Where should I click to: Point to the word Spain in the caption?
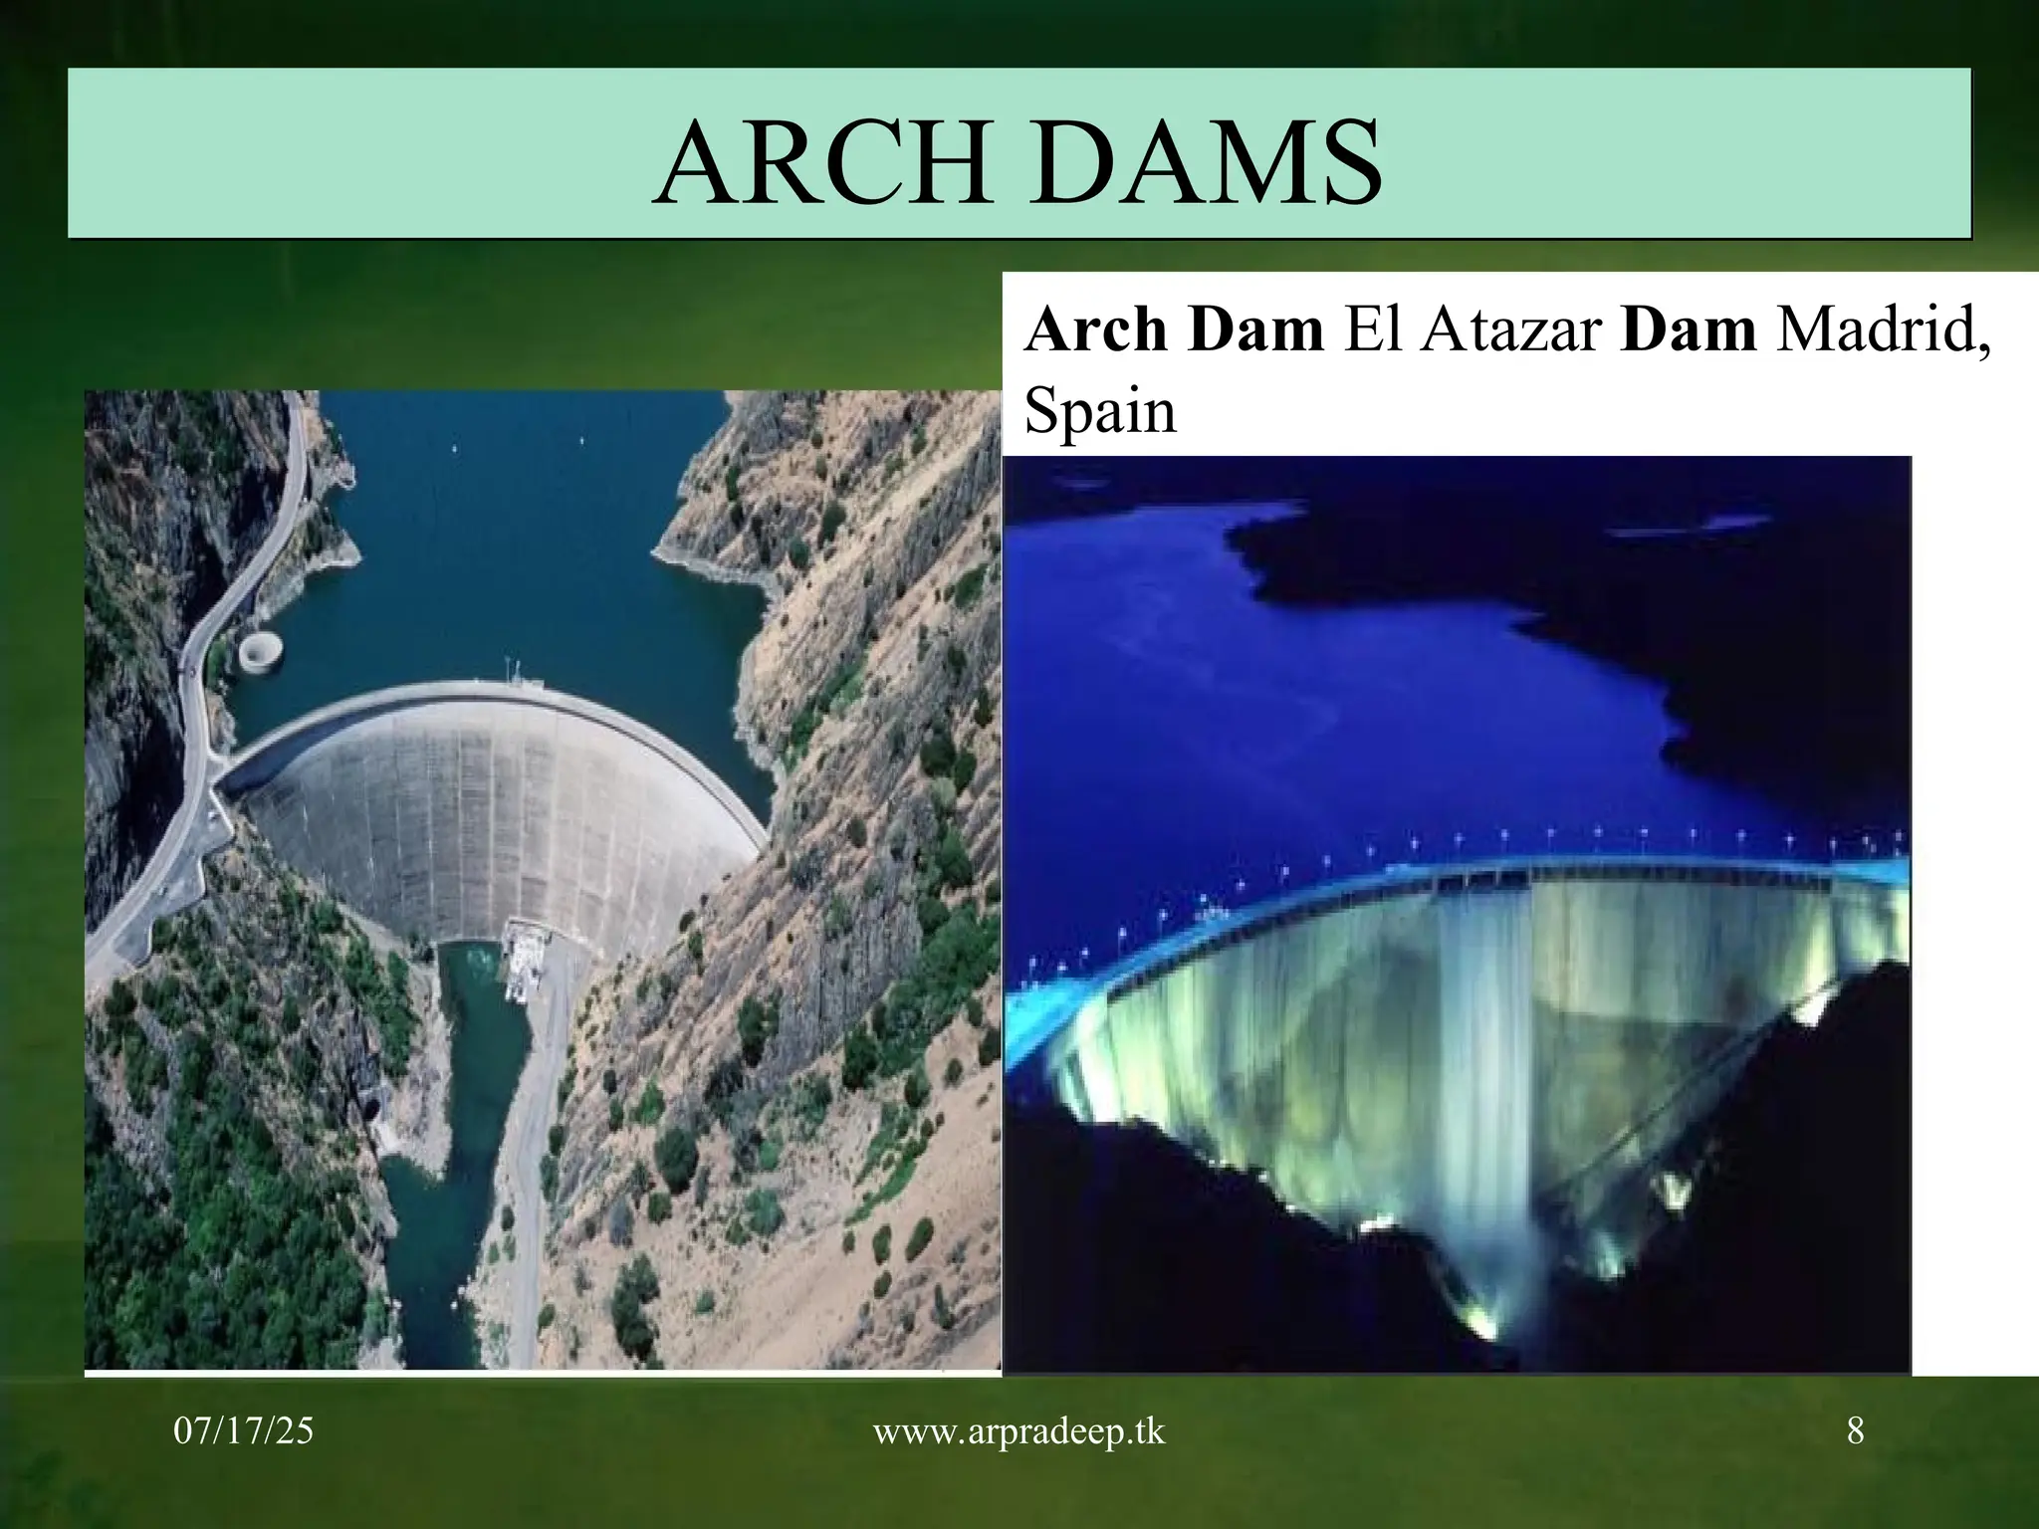(1099, 410)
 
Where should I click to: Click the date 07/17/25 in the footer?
(243, 1431)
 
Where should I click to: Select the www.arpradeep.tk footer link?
(1019, 1431)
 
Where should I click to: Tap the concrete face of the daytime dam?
(478, 806)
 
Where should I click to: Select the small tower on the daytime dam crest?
(514, 672)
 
